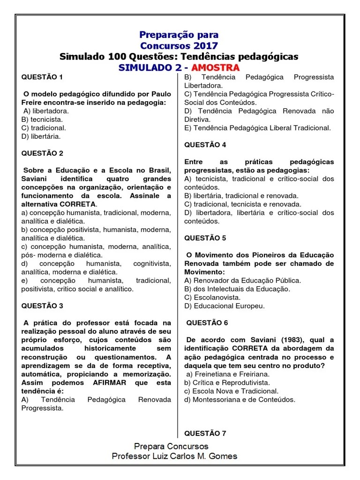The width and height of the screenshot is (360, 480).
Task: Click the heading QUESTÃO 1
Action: (42, 77)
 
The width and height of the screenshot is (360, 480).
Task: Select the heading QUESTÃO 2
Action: (42, 153)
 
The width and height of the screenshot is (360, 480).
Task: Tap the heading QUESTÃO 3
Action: (42, 306)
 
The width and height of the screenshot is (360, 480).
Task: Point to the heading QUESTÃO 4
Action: (205, 145)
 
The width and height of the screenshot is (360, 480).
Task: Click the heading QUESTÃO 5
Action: (205, 238)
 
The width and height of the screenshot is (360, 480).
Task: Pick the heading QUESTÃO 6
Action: (207, 323)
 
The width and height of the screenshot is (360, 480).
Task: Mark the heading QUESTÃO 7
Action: (205, 433)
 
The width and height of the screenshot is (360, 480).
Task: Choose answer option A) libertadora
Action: (46, 111)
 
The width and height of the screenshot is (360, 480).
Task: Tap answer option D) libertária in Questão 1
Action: (41, 136)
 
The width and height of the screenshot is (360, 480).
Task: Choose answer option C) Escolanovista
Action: (212, 298)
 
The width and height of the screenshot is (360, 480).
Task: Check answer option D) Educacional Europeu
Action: (225, 306)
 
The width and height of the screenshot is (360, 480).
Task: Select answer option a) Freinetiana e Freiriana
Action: (228, 374)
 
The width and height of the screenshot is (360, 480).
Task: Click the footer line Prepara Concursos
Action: (172, 446)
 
